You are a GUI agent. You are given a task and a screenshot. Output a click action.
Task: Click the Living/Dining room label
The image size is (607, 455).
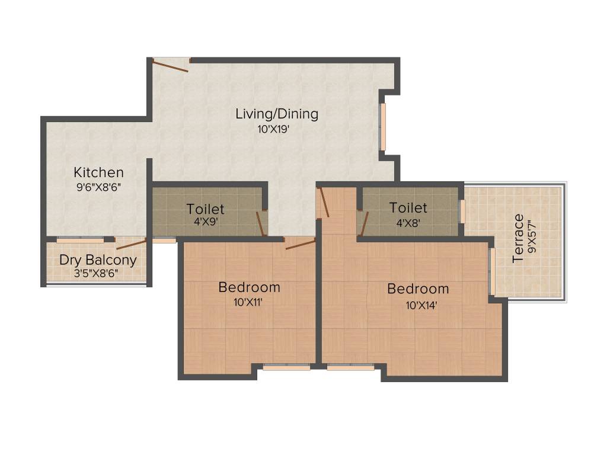point(277,114)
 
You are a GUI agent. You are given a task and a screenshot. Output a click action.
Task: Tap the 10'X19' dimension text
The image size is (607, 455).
point(273,129)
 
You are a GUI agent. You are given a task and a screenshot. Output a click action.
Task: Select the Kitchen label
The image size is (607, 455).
point(98,172)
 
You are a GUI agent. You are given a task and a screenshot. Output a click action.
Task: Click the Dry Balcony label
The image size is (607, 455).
point(98,260)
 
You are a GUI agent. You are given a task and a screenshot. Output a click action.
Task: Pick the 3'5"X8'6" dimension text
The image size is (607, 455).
point(98,273)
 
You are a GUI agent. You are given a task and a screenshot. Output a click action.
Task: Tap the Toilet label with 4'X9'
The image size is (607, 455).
point(205,209)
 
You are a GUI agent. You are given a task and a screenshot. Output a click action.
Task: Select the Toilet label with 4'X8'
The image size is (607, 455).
point(408,207)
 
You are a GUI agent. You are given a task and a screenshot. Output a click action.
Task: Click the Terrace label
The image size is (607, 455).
point(519,238)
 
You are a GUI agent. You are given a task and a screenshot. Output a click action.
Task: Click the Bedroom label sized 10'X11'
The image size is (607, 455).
point(249,287)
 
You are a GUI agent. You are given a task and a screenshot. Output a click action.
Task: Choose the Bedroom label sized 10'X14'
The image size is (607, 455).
point(418,289)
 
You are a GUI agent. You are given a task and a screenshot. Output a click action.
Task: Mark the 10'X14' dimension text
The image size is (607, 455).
point(417,306)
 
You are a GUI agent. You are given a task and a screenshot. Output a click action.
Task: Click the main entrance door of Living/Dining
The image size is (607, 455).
point(171,64)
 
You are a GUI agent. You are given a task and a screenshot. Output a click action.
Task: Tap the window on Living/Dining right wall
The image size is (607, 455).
point(383,127)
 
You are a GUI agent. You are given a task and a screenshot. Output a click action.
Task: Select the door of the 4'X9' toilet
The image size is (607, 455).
point(260,223)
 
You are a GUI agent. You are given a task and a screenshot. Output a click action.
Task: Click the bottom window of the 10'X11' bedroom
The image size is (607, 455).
point(286,367)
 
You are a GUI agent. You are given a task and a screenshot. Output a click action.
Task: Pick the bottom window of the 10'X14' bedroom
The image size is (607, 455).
point(350,367)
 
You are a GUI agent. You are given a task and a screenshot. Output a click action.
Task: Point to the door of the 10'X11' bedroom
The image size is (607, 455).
point(299,243)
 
